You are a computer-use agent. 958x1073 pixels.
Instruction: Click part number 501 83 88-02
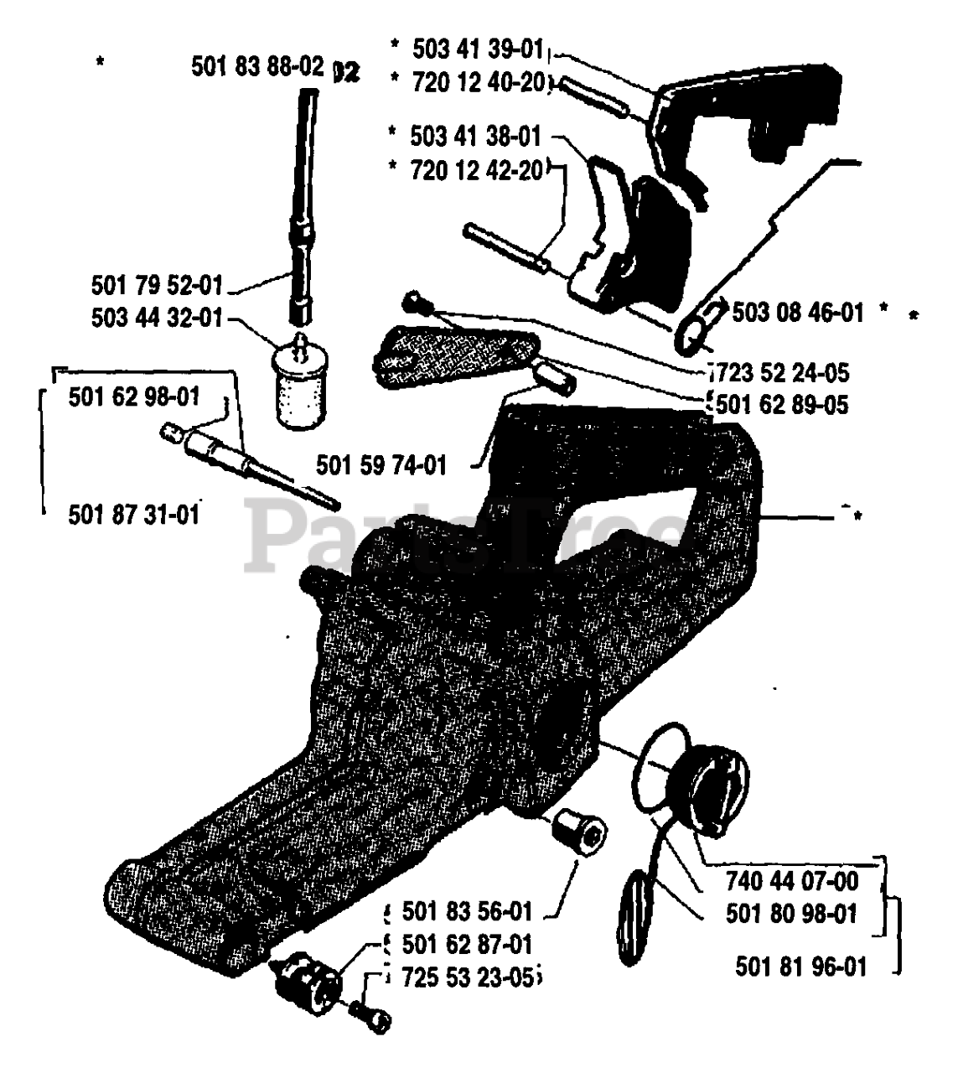click(x=257, y=67)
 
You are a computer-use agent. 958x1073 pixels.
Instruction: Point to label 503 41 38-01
click(x=475, y=135)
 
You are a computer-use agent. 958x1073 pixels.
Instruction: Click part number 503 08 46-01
click(x=797, y=313)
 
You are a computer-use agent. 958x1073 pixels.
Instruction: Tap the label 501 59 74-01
click(x=381, y=464)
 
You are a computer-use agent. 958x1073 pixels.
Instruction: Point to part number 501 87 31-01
click(x=134, y=513)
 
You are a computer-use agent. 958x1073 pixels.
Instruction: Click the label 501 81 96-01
click(x=801, y=967)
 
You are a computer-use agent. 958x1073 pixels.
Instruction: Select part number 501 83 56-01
click(x=467, y=910)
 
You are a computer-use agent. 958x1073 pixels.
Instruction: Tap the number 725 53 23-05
click(x=467, y=977)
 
